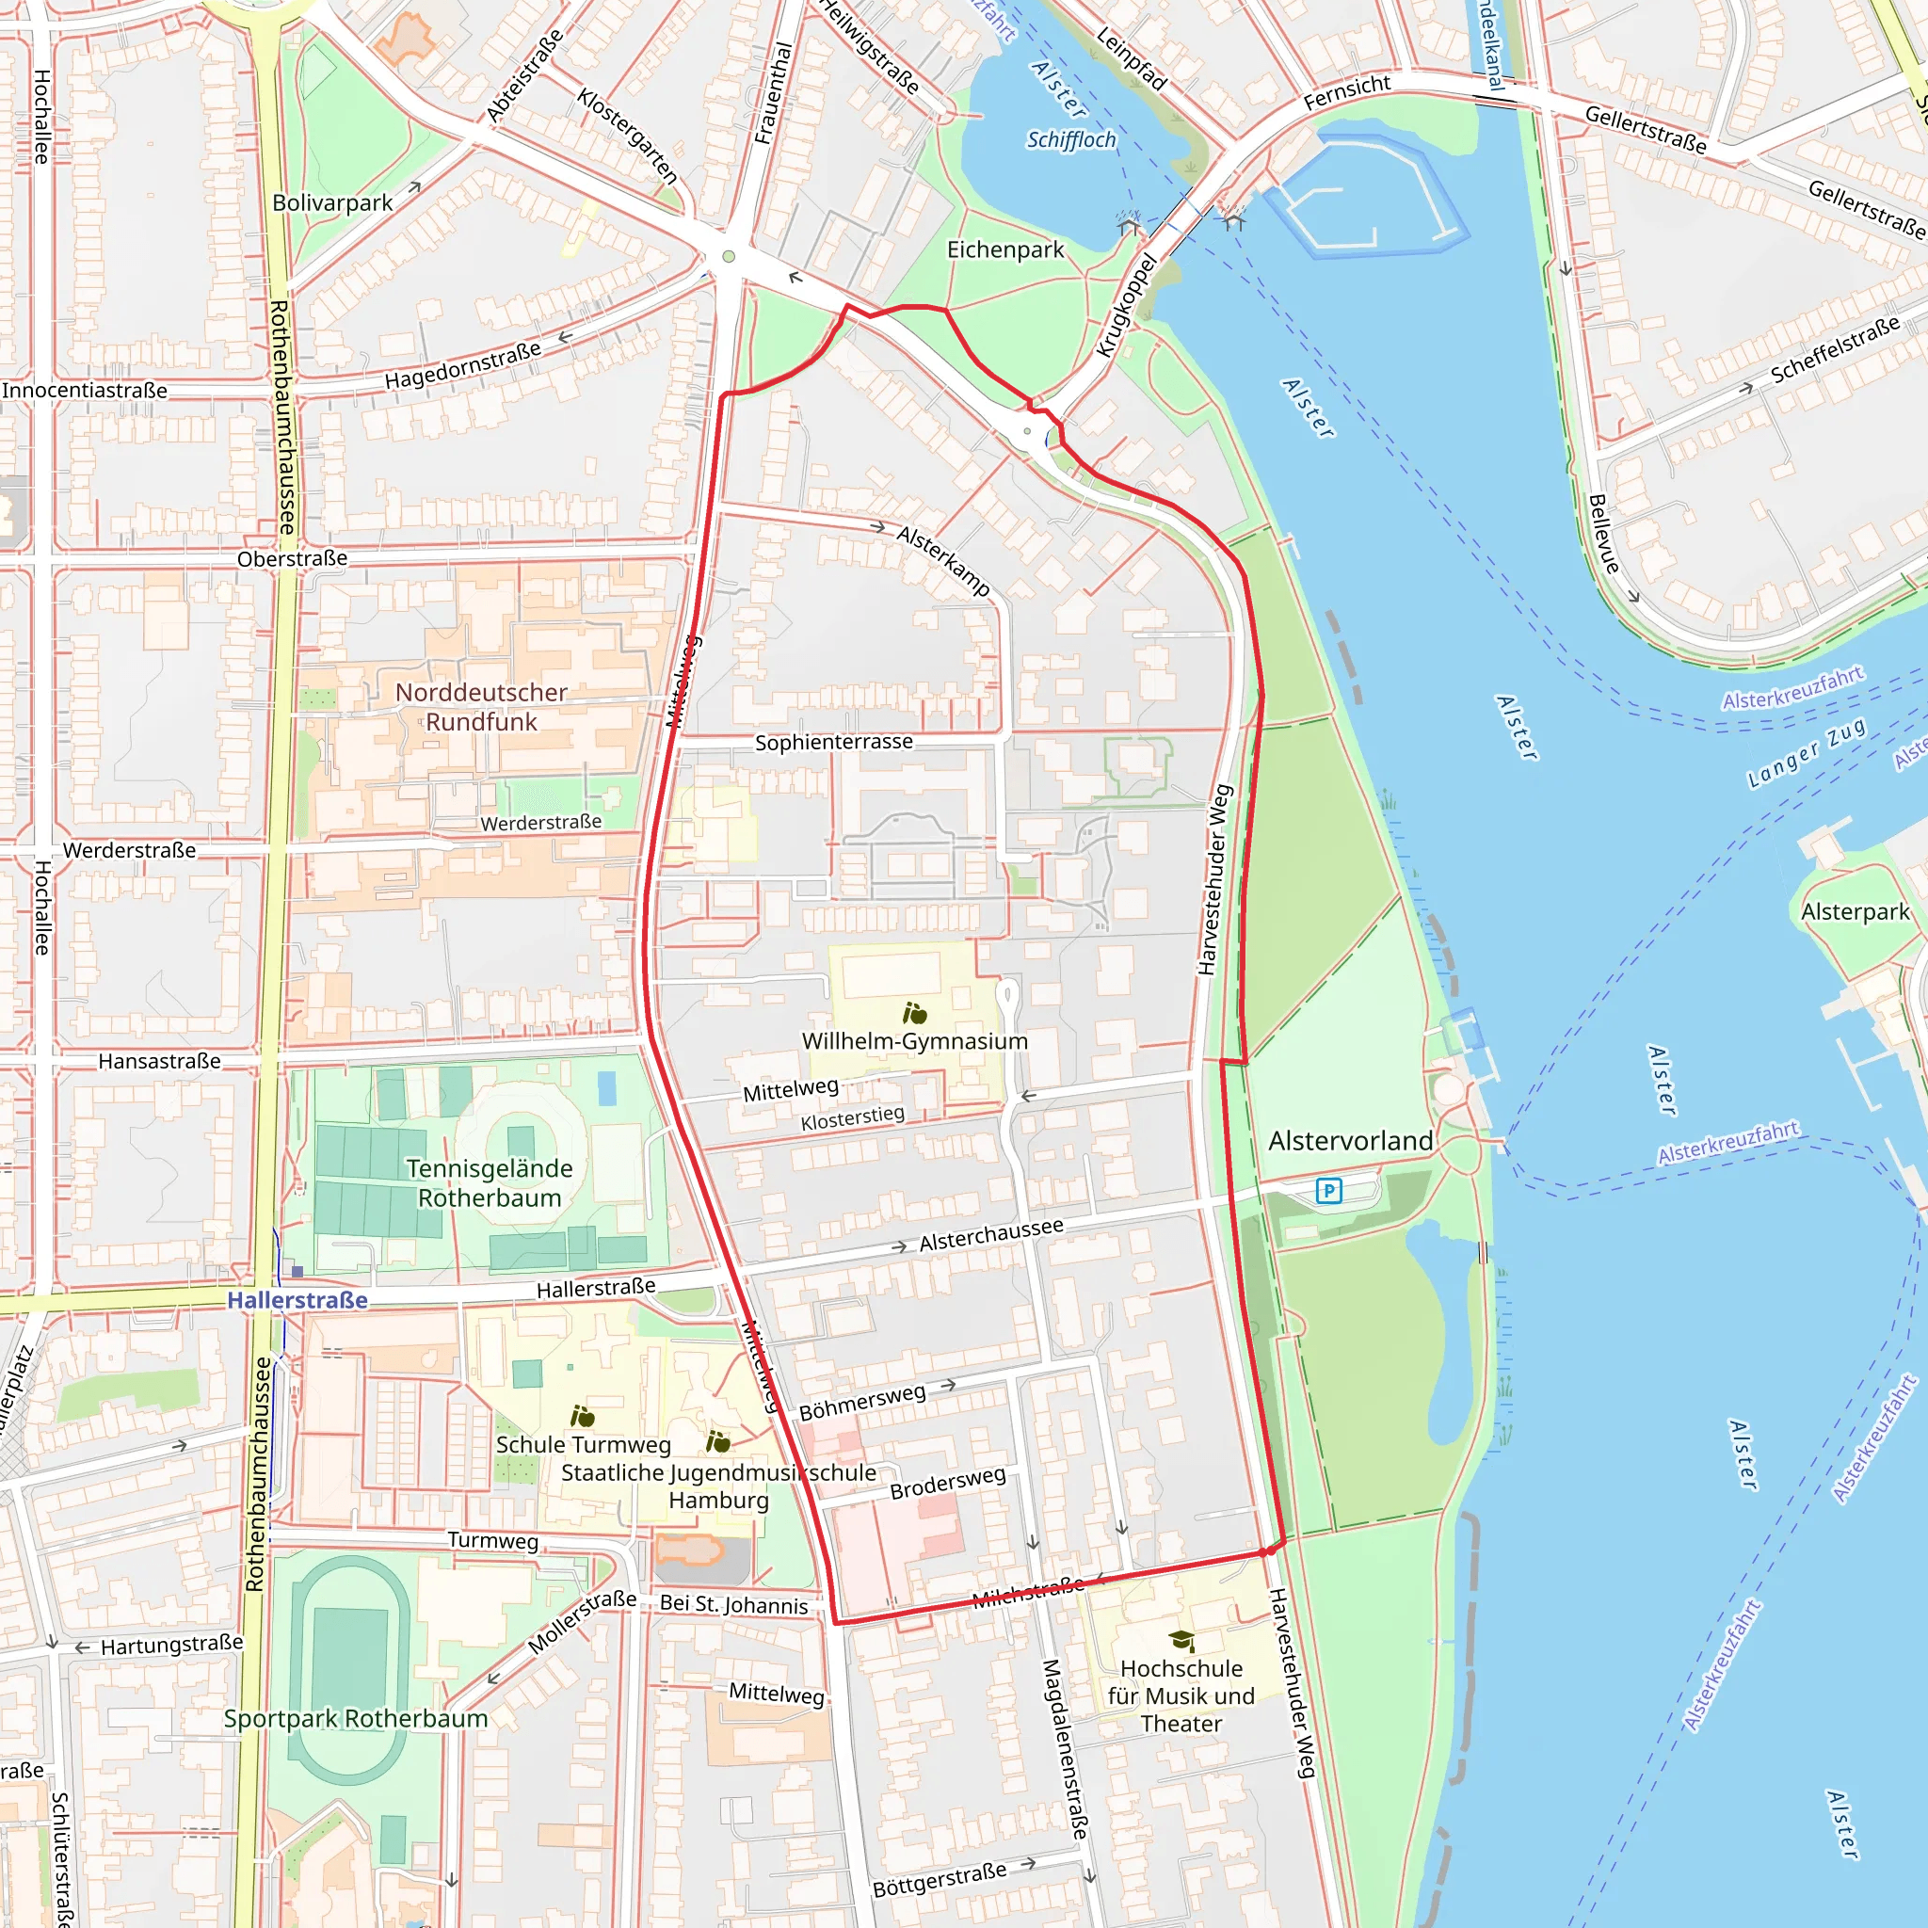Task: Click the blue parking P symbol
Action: click(1328, 1191)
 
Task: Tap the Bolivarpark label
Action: click(332, 202)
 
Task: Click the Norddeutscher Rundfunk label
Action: click(481, 707)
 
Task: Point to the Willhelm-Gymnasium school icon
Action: click(914, 1014)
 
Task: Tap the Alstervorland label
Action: click(1350, 1141)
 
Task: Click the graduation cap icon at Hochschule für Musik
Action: click(1181, 1640)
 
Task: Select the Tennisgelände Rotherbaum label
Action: click(489, 1182)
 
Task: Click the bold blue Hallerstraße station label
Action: click(297, 1299)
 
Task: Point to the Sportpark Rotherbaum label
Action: click(355, 1718)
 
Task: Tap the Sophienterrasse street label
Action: click(833, 742)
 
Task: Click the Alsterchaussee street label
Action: click(991, 1234)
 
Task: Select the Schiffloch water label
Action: click(1070, 139)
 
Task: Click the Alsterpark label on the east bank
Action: click(1855, 911)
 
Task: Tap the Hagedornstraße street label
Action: click(463, 365)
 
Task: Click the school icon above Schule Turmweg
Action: click(583, 1416)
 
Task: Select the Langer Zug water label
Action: click(1807, 753)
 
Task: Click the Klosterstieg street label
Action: click(852, 1118)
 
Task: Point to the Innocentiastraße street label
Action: click(85, 390)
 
